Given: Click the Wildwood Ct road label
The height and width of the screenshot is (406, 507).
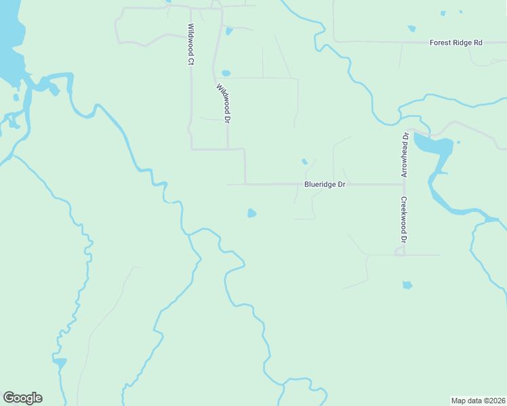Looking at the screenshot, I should [191, 45].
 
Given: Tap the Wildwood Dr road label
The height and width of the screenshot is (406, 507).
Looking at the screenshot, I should [224, 104].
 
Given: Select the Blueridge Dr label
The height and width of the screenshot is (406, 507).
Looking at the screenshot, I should [325, 184].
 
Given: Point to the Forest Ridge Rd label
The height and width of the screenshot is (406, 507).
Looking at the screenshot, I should [455, 43].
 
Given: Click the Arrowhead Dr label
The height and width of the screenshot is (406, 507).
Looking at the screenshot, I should [405, 155].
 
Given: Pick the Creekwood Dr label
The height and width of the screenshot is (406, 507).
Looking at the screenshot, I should [403, 220].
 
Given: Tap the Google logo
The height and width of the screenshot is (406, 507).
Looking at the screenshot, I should [22, 398].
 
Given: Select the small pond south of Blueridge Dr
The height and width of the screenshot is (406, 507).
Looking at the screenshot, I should [251, 214].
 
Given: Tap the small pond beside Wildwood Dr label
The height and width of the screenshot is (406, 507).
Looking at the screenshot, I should [226, 73].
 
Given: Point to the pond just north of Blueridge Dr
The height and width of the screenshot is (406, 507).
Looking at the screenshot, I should [304, 161].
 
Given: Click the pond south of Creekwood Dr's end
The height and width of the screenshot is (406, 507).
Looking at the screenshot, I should [407, 285].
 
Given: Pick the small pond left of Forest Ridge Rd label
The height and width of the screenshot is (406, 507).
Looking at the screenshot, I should [411, 28].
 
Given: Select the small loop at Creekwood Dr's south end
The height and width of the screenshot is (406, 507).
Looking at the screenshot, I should [400, 252].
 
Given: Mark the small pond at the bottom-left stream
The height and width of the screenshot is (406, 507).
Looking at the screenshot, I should [60, 363].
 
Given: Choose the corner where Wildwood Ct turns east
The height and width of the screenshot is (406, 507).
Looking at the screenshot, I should [192, 148].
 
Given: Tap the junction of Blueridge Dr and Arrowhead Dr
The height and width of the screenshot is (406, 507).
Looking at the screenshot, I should [405, 184].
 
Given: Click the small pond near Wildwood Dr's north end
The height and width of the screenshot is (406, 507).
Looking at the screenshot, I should [229, 30].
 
